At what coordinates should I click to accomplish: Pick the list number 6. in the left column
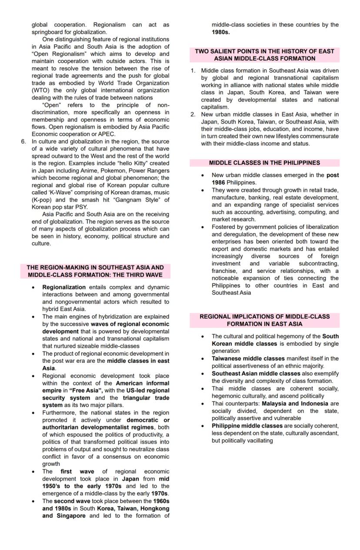pos(23,142)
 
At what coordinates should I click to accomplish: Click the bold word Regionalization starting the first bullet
pos(64,287)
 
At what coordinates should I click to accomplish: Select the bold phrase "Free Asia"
pos(88,391)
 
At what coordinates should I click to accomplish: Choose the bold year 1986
pos(218,182)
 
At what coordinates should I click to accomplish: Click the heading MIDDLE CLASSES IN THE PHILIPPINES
pos(264,163)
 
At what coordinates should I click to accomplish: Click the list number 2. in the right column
pos(193,115)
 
